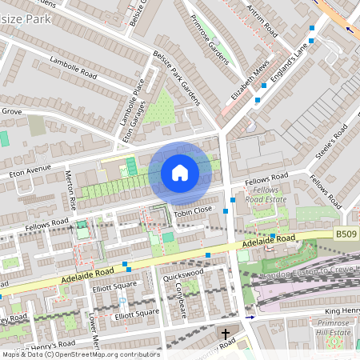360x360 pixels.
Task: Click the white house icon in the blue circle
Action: [180, 173]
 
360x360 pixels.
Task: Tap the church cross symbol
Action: [225, 333]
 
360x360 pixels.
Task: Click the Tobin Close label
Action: [194, 209]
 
